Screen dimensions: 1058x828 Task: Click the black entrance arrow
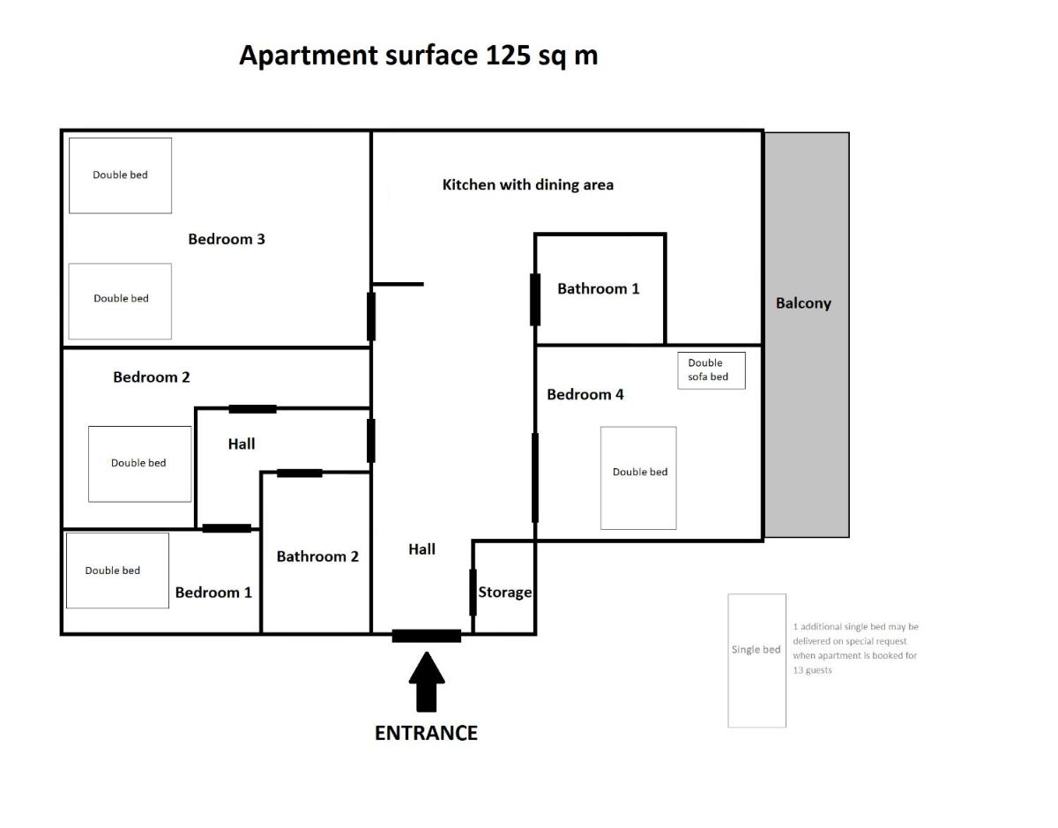(427, 682)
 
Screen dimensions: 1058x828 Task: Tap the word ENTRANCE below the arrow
(426, 733)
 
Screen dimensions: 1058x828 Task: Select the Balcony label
(803, 303)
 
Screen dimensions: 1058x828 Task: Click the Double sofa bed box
(711, 370)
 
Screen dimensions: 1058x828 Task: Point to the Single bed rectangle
(756, 660)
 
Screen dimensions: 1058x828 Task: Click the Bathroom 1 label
(598, 288)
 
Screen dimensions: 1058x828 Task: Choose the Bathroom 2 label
(317, 556)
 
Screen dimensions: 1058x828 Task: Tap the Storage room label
(505, 593)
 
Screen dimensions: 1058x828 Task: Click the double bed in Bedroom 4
(638, 478)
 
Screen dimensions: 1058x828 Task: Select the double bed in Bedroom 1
(117, 571)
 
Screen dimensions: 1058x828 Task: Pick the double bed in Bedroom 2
(139, 464)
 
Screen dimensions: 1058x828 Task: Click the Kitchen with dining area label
(528, 185)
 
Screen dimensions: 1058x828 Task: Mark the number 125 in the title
(508, 55)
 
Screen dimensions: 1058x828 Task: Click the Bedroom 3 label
(227, 239)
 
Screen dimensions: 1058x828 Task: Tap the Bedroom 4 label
(585, 394)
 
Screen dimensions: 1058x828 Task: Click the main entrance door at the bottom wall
(427, 636)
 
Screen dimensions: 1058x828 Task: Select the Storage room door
(473, 592)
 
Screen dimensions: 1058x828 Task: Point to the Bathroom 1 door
(535, 299)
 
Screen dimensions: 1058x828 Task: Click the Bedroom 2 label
(152, 377)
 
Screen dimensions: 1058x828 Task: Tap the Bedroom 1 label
(213, 593)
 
